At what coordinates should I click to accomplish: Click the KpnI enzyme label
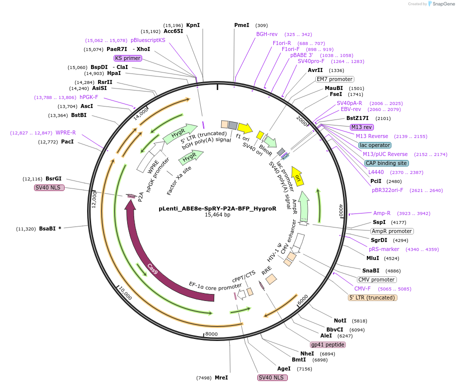[x=193, y=25]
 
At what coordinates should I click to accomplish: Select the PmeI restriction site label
[x=241, y=25]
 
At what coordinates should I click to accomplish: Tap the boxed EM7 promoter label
[x=334, y=79]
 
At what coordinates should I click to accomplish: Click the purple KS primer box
[x=128, y=58]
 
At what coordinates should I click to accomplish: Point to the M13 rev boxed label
[x=361, y=127]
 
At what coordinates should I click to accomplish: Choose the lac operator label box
[x=375, y=145]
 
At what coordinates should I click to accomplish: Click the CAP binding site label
[x=386, y=163]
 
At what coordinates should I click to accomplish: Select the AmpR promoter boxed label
[x=392, y=231]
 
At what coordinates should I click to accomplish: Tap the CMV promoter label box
[x=376, y=279]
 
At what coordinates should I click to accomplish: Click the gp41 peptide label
[x=328, y=344]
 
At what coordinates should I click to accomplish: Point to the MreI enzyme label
[x=221, y=377]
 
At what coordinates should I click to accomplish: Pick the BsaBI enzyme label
[x=50, y=228]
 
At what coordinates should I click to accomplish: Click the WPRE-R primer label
[x=66, y=132]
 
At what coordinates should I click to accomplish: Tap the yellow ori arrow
[x=298, y=176]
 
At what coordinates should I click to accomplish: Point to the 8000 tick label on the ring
[x=212, y=334]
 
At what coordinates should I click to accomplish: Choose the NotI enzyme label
[x=340, y=320]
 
